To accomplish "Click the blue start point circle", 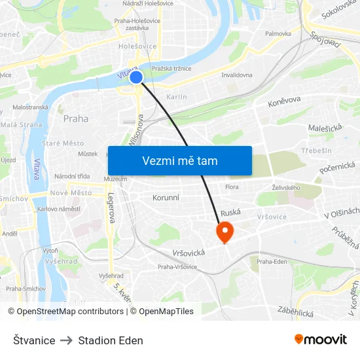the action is pos(136,77).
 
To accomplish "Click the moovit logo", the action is pos(321,339).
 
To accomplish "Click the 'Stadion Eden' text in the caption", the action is pos(111,340).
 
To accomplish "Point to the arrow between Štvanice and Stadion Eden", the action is pos(67,340).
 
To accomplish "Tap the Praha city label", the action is pos(76,118).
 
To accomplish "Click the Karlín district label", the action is pos(177,97).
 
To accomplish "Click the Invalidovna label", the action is pos(237,75).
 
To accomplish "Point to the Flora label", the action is pos(232,187).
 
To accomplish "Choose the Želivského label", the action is pos(286,188).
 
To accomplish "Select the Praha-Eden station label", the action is pos(272,262).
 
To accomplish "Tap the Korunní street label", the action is pos(166,197).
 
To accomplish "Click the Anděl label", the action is pos(10,233).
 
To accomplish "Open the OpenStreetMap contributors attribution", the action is pos(70,312).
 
